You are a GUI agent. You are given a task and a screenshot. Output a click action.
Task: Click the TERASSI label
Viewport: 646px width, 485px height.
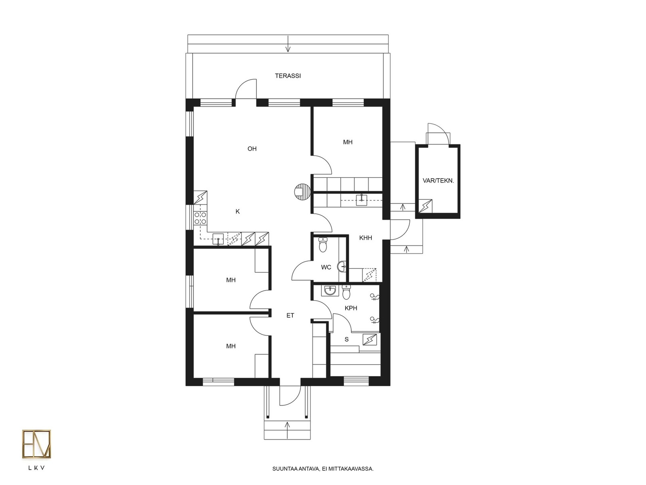coord(287,76)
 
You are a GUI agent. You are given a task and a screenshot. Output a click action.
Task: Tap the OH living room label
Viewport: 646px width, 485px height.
coord(252,149)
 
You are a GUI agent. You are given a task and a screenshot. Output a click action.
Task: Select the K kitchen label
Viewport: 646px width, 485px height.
coord(237,211)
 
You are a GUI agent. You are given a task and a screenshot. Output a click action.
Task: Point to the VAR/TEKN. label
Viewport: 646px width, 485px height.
coord(438,181)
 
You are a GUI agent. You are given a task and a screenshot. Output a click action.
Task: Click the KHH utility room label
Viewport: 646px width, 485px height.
coord(365,238)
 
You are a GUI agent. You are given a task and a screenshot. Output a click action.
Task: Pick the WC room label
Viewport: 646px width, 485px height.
coord(326,267)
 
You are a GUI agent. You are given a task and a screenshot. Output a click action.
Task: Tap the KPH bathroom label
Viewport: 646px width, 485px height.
coord(351,308)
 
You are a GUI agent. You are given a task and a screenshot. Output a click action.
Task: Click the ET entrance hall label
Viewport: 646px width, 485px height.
coord(290,315)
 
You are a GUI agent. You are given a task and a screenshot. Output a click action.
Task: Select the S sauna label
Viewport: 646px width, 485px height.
coord(346,339)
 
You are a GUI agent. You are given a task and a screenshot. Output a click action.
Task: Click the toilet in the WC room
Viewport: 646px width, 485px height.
coord(323,245)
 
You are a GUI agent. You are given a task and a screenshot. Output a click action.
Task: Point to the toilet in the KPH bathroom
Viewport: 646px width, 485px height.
coord(346,292)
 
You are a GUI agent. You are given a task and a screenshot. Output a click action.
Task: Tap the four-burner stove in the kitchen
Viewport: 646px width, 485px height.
coord(200,218)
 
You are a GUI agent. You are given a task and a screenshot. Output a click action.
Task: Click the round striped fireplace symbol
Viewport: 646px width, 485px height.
coord(302,192)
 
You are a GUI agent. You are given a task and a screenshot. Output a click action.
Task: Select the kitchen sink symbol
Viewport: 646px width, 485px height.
coord(218,239)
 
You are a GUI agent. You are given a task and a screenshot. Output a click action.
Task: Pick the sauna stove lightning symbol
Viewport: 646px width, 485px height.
coord(370,339)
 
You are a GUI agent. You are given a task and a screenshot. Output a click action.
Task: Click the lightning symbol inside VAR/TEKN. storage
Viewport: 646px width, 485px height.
coord(425,206)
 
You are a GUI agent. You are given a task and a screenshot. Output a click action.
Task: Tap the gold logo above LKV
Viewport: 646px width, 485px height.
coord(36,444)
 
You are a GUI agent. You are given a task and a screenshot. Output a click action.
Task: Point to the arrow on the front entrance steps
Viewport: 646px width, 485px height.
coord(287,430)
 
